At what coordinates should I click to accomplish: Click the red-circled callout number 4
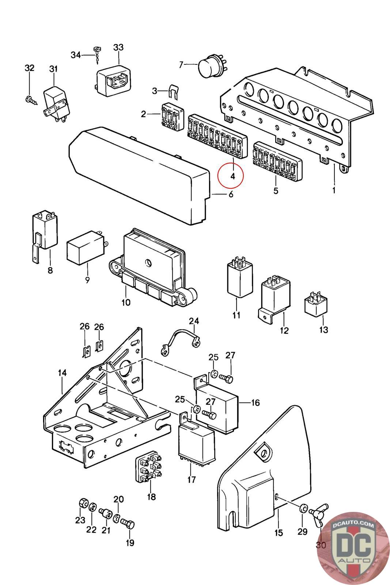[x=232, y=176]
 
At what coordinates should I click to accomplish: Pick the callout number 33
[x=118, y=48]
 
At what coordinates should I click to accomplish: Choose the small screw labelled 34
[x=97, y=55]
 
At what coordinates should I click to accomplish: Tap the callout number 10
[x=126, y=302]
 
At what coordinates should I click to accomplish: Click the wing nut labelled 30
[x=319, y=512]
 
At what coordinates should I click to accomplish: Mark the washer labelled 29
[x=303, y=508]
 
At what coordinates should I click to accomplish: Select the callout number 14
[x=63, y=373]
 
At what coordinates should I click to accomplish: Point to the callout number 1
[x=334, y=190]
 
